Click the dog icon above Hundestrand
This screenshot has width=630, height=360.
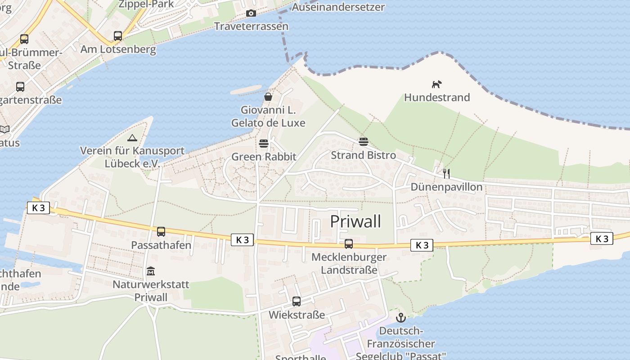click(437, 84)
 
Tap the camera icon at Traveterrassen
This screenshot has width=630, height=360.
click(251, 13)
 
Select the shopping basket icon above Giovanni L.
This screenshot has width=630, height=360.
click(268, 97)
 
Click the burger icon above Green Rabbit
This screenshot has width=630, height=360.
click(264, 144)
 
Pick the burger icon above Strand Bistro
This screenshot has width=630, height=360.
click(364, 142)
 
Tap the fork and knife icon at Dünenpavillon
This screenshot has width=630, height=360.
click(446, 173)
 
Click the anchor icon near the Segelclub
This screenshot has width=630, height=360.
click(400, 318)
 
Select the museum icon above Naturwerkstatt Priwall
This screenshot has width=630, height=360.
click(151, 271)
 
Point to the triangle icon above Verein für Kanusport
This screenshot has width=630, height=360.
click(132, 138)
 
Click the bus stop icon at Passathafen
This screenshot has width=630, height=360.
click(161, 232)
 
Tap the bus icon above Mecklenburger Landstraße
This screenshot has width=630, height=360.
click(349, 244)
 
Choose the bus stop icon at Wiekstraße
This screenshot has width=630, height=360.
click(297, 301)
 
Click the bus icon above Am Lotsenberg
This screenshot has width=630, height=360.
click(118, 36)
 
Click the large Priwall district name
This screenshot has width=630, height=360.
click(355, 221)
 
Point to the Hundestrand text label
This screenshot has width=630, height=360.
click(437, 97)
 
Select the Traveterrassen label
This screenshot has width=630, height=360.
click(251, 26)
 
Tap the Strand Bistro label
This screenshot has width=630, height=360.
click(364, 155)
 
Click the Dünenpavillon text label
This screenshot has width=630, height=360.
click(446, 187)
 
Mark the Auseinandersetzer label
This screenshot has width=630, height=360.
click(338, 7)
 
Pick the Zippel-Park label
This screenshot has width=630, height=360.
click(146, 4)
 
